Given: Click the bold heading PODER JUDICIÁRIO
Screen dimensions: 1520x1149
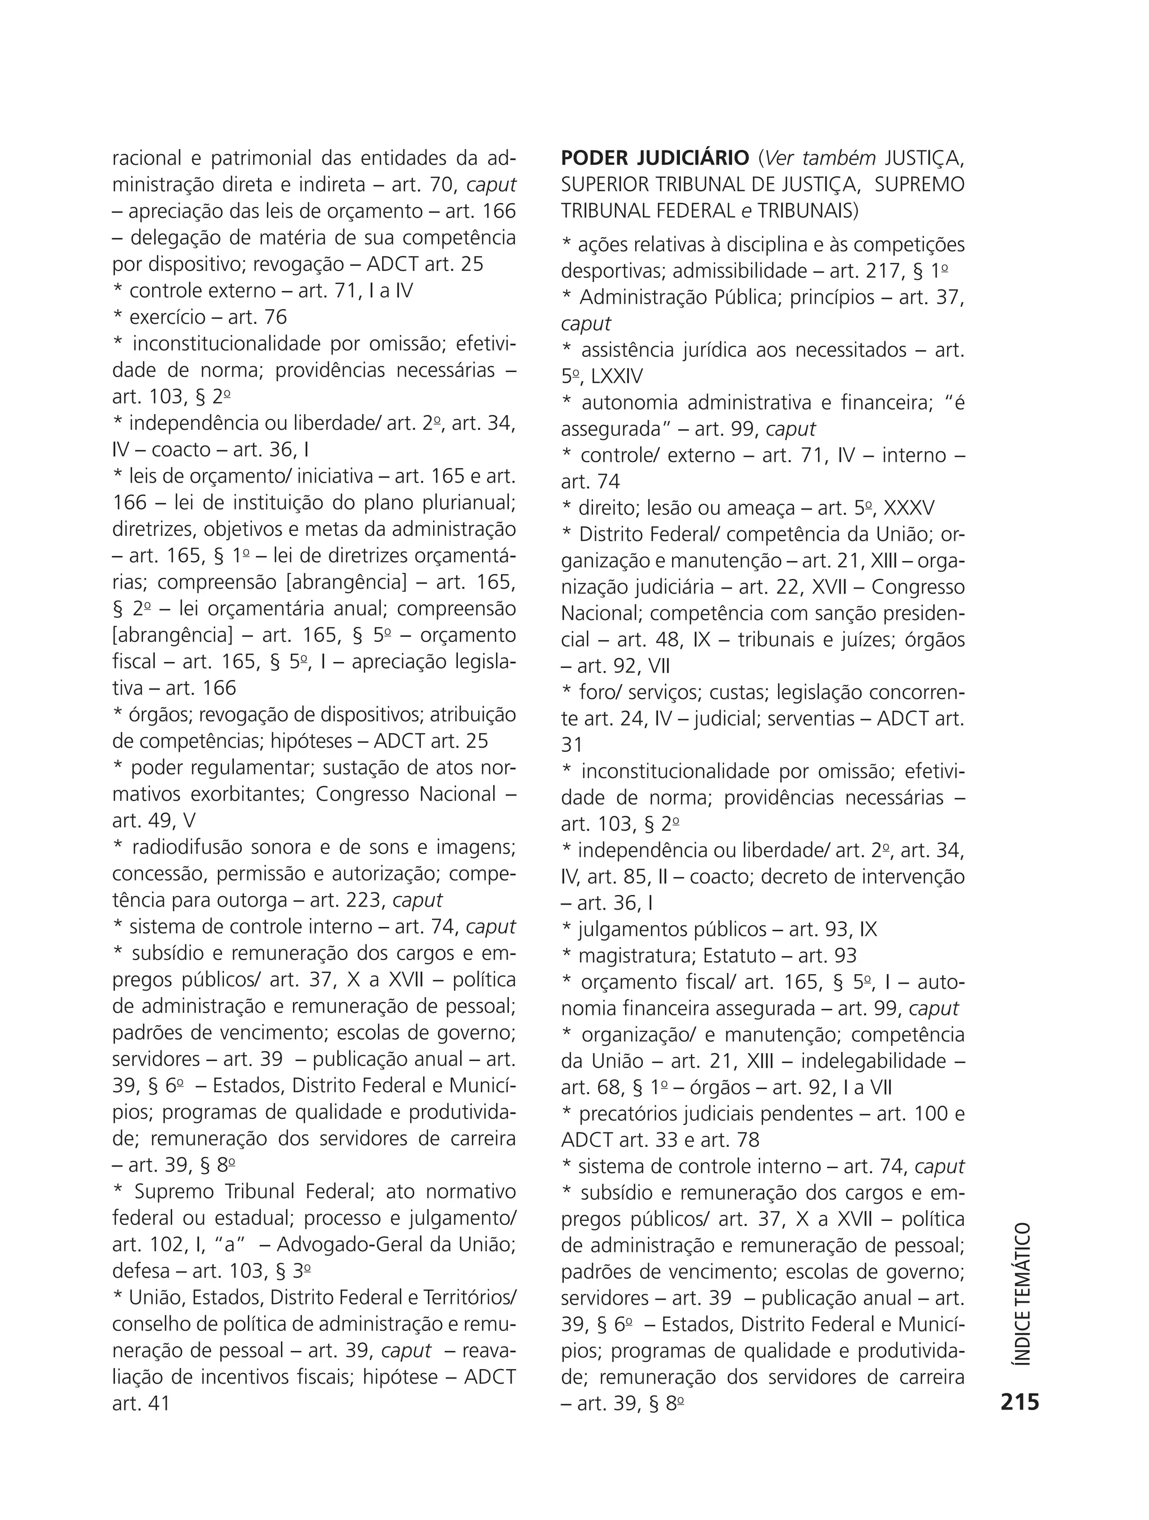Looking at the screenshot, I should [654, 158].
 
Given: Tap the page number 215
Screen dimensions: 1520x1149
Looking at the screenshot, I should [1020, 1402].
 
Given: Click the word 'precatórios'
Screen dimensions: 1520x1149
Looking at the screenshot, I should [632, 1113].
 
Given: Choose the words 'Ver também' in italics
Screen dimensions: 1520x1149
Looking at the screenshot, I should [820, 158].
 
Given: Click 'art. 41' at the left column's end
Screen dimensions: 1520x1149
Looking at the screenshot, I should [140, 1403].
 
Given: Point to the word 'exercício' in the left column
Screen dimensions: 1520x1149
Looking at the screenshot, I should [167, 317].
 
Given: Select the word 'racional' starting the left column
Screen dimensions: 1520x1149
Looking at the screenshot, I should [146, 158].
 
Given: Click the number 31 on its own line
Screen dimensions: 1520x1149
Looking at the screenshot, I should [571, 745].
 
